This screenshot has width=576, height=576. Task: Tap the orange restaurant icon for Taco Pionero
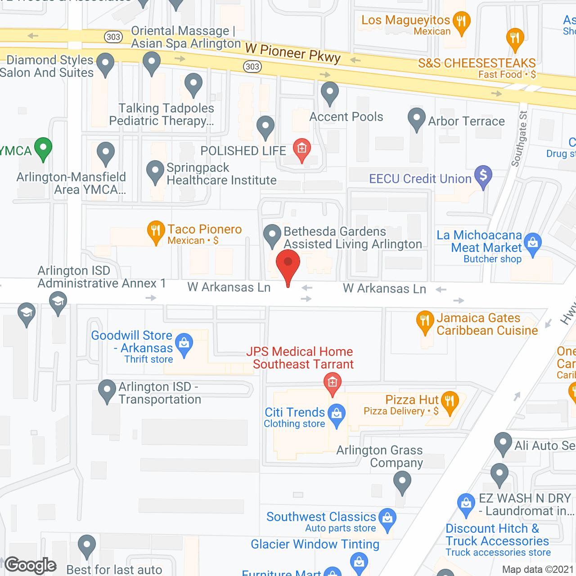coord(156,231)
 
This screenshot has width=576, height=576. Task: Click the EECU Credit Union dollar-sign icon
coord(483,176)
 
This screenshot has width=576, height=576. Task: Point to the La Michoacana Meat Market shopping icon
coord(533,244)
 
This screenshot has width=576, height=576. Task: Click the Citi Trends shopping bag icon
coord(337,414)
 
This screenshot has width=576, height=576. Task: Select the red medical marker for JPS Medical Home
coord(333,383)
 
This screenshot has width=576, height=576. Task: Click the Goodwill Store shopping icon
coord(184,344)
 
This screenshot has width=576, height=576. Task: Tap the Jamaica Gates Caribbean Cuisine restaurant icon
coord(425,321)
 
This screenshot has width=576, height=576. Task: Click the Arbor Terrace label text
coord(466,121)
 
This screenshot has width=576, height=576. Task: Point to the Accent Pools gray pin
coord(330,93)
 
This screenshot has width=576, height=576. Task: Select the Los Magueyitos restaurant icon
coord(461,22)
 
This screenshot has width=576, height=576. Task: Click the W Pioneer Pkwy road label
coord(292,54)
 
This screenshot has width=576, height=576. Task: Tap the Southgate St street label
coord(519,139)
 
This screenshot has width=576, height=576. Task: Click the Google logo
coord(31,565)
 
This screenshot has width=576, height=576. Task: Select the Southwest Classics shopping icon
coord(387,519)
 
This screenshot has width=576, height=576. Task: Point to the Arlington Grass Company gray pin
coord(402,482)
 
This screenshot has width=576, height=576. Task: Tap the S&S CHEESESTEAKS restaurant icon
coord(515,39)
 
